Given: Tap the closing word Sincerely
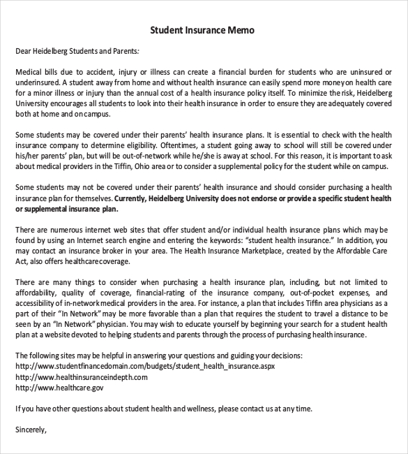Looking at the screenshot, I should click(31, 429).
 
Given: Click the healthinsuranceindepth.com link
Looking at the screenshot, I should click(81, 376).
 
